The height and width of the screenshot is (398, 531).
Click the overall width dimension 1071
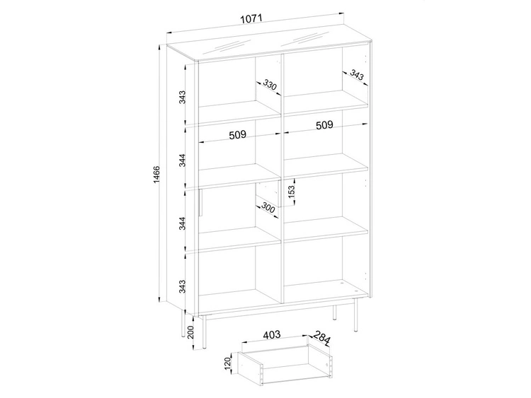pyautogui.click(x=251, y=18)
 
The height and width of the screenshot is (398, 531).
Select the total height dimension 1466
pyautogui.click(x=156, y=175)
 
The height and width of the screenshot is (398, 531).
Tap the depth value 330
pyautogui.click(x=270, y=85)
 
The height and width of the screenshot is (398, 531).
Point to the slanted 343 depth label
pyautogui.click(x=357, y=75)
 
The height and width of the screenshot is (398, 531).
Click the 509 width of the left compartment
pyautogui.click(x=237, y=135)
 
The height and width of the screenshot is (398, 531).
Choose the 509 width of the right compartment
pyautogui.click(x=324, y=125)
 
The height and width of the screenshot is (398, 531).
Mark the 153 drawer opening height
pyautogui.click(x=291, y=192)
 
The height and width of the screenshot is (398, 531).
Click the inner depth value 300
pyautogui.click(x=268, y=209)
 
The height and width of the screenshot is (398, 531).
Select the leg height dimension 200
pyautogui.click(x=190, y=332)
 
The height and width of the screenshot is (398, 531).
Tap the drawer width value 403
pyautogui.click(x=272, y=335)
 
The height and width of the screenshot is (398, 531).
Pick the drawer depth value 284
pyautogui.click(x=321, y=338)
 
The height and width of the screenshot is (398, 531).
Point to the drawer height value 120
pyautogui.click(x=227, y=363)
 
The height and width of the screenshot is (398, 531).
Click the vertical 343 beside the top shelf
pyautogui.click(x=182, y=97)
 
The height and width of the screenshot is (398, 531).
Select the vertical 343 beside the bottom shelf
pyautogui.click(x=182, y=286)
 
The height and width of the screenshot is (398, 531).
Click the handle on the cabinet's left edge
pyautogui.click(x=200, y=202)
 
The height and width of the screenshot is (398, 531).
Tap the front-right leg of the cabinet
pyautogui.click(x=356, y=315)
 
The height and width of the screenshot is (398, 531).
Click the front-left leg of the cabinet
pyautogui.click(x=204, y=332)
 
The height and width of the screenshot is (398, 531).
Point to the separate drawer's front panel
pyautogui.click(x=250, y=369)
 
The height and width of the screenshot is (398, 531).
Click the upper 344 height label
pyautogui.click(x=182, y=160)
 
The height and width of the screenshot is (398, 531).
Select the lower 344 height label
pyautogui.click(x=182, y=223)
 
